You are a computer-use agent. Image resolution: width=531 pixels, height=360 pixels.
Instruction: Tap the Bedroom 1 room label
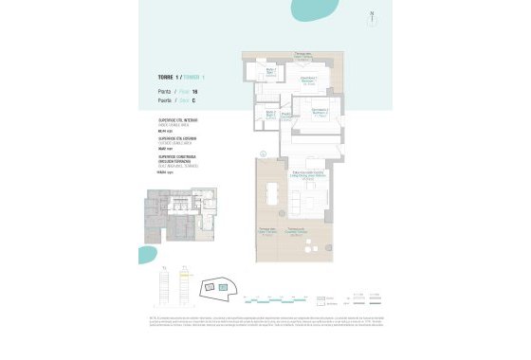click(308, 80)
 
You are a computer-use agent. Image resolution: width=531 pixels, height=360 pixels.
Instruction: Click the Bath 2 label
click(269, 115)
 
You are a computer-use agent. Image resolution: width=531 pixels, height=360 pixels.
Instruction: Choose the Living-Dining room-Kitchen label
click(308, 172)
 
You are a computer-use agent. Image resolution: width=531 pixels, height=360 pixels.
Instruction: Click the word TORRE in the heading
click(166, 76)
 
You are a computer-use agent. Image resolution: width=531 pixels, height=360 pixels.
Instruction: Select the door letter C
click(193, 99)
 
